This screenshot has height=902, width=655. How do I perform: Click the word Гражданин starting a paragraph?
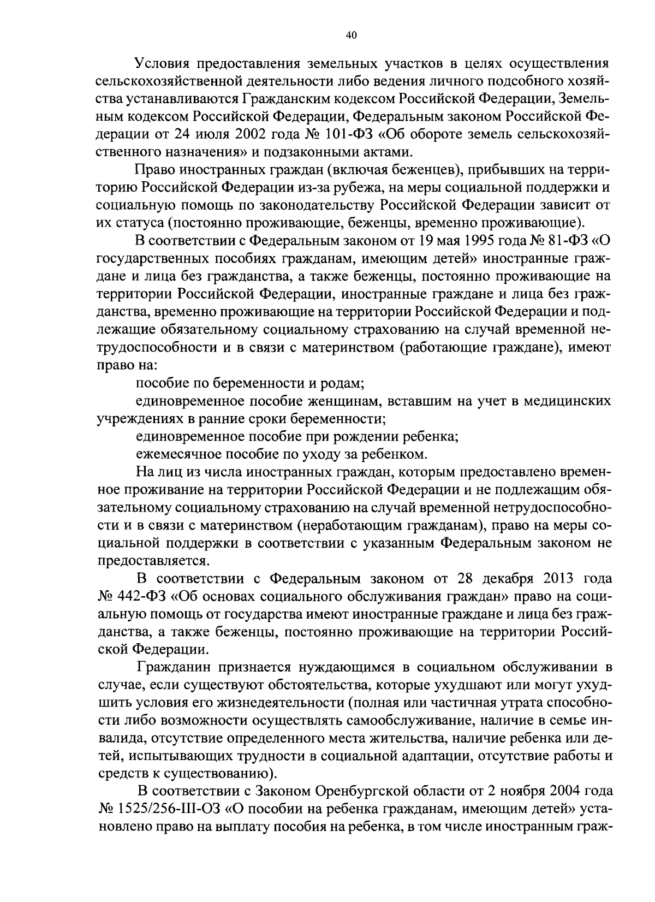tap(174, 667)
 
